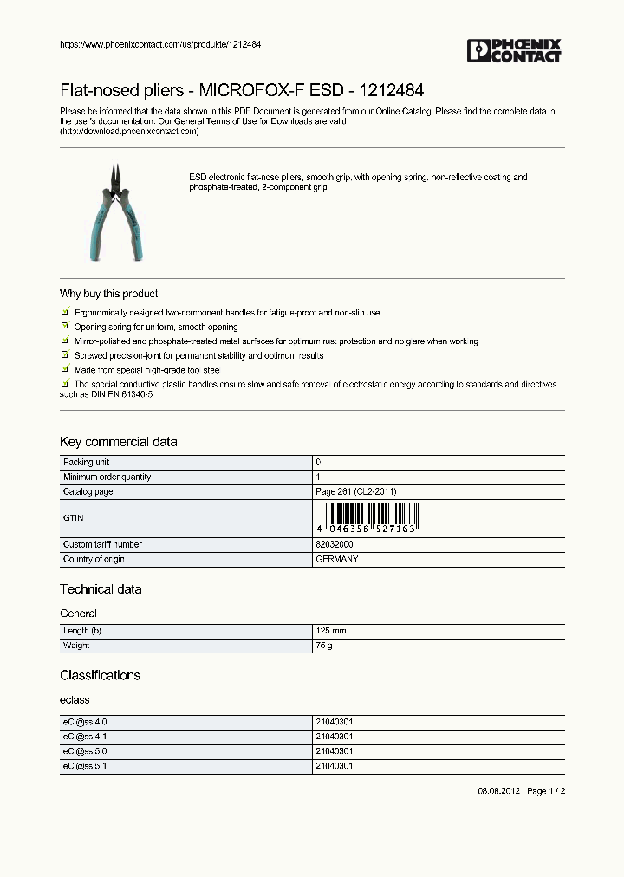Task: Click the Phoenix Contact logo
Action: (514, 50)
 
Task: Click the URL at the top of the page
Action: (160, 44)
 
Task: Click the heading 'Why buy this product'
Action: (108, 294)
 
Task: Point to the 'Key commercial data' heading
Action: (118, 442)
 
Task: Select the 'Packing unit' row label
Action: (86, 463)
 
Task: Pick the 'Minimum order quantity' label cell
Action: (107, 477)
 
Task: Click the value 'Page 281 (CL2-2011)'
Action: (355, 492)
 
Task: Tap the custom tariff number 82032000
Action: (334, 545)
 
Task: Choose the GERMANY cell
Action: (336, 560)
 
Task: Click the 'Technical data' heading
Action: (101, 589)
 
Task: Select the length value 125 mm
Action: (330, 631)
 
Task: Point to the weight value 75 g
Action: (323, 646)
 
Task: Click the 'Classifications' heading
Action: (100, 675)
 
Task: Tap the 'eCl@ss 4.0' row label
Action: (85, 722)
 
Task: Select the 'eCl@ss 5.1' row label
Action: (85, 766)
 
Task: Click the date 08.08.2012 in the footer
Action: (498, 791)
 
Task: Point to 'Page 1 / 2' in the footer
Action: (546, 791)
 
